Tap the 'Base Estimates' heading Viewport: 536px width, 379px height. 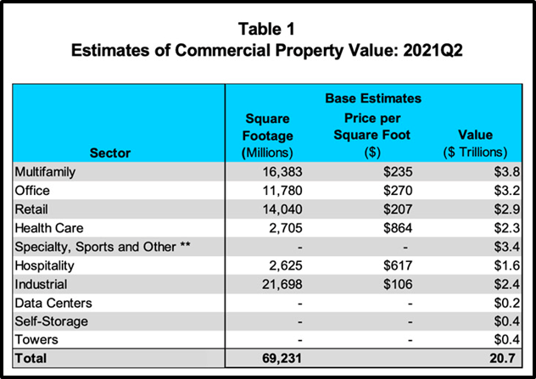[x=374, y=98]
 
